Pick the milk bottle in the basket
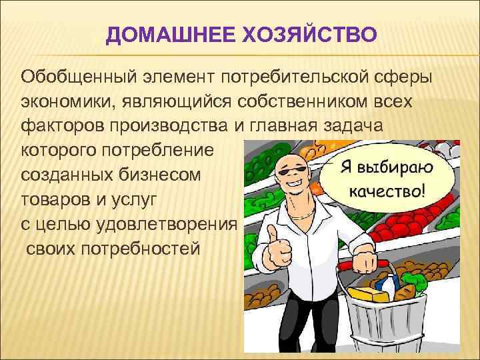click(386, 284)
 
